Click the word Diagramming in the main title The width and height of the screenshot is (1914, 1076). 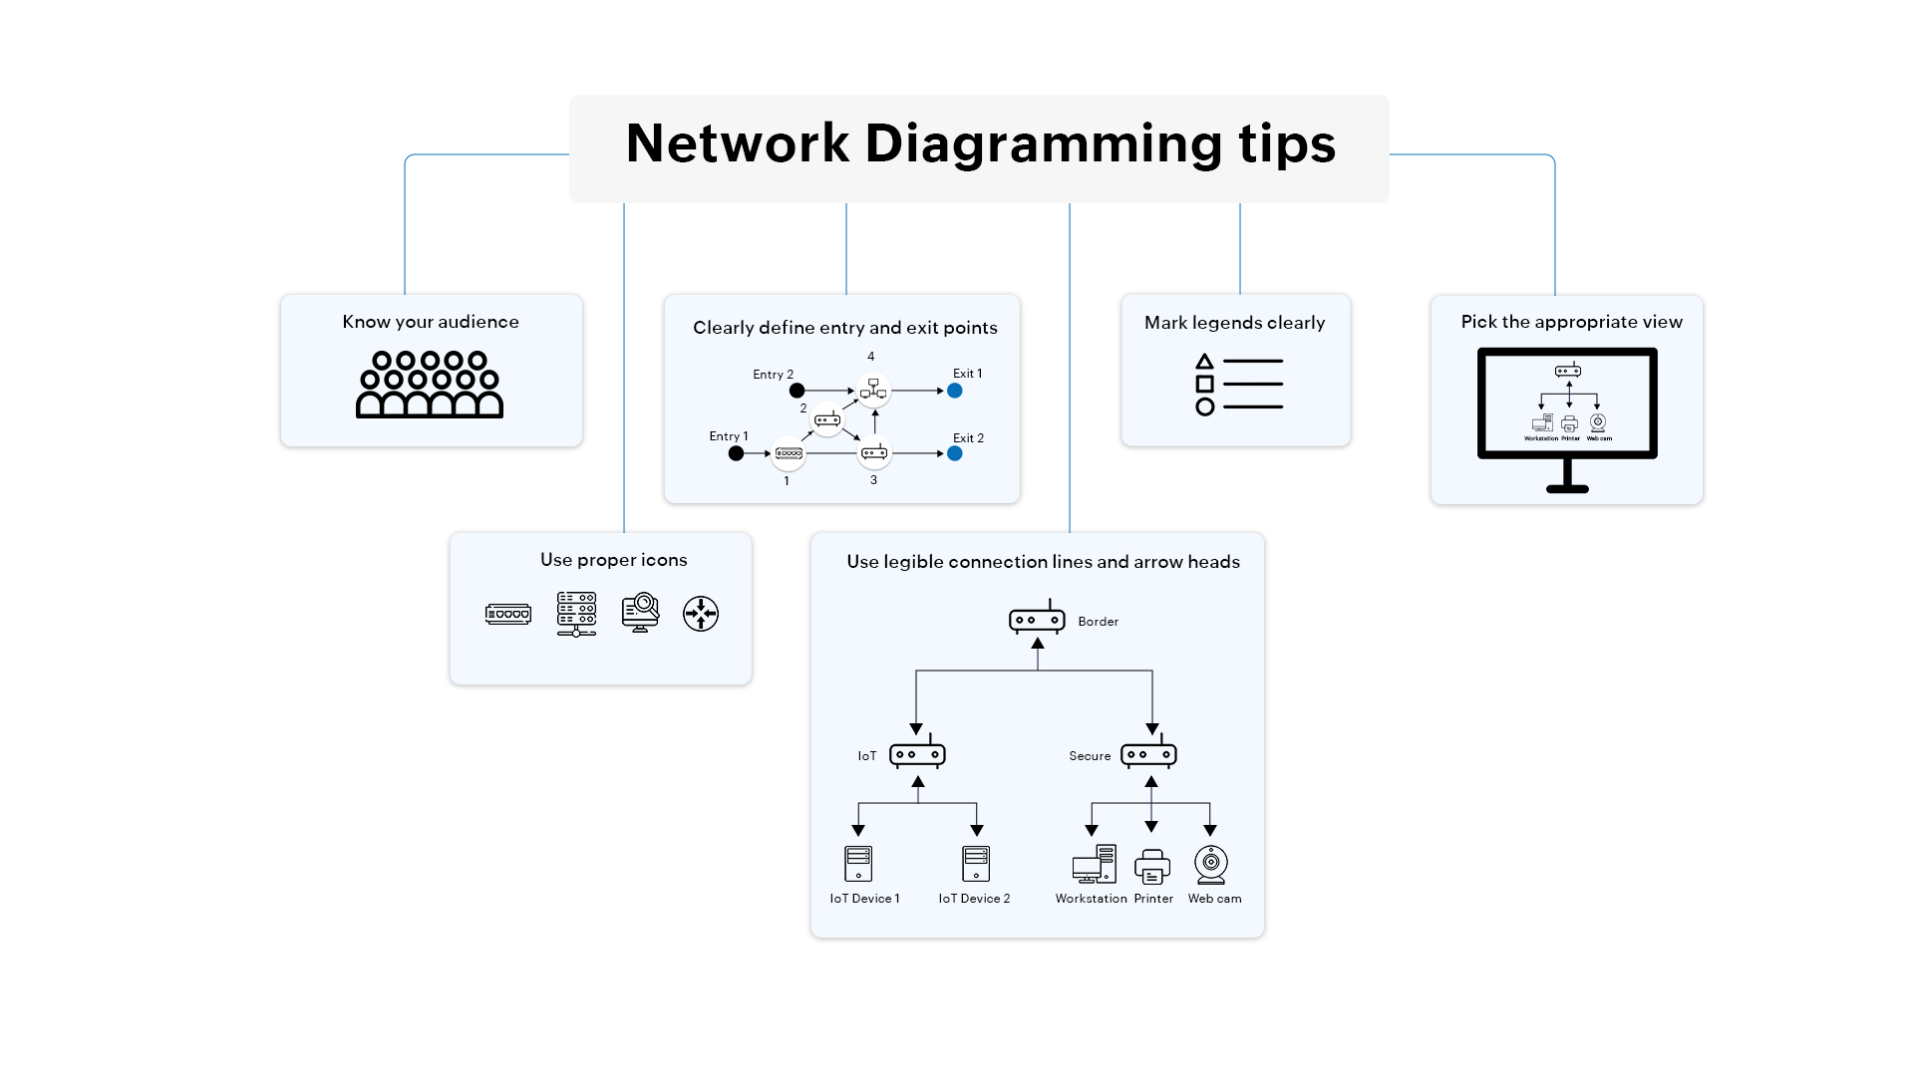(1043, 143)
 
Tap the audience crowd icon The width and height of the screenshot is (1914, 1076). (430, 385)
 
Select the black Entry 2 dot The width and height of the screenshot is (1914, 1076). (797, 391)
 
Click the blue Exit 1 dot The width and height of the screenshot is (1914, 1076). (955, 391)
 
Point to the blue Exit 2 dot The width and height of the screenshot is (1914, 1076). (955, 453)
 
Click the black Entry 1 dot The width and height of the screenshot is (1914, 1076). (736, 453)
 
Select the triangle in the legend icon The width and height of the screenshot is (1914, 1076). (1204, 361)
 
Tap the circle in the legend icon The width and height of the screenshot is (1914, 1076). (1204, 406)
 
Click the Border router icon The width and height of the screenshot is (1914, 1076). (1037, 619)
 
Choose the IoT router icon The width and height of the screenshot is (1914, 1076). (917, 754)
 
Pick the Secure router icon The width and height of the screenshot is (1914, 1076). (1148, 754)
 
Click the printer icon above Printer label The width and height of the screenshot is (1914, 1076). (1152, 866)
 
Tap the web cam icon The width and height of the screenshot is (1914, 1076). (1211, 865)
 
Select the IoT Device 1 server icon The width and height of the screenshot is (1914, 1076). (858, 864)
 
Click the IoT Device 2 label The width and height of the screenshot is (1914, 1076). (974, 899)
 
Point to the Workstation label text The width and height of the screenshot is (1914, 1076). (1091, 899)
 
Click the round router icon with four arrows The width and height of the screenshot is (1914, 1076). (701, 614)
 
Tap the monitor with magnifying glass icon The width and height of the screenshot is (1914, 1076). (640, 613)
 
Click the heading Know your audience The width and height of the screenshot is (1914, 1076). (431, 322)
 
